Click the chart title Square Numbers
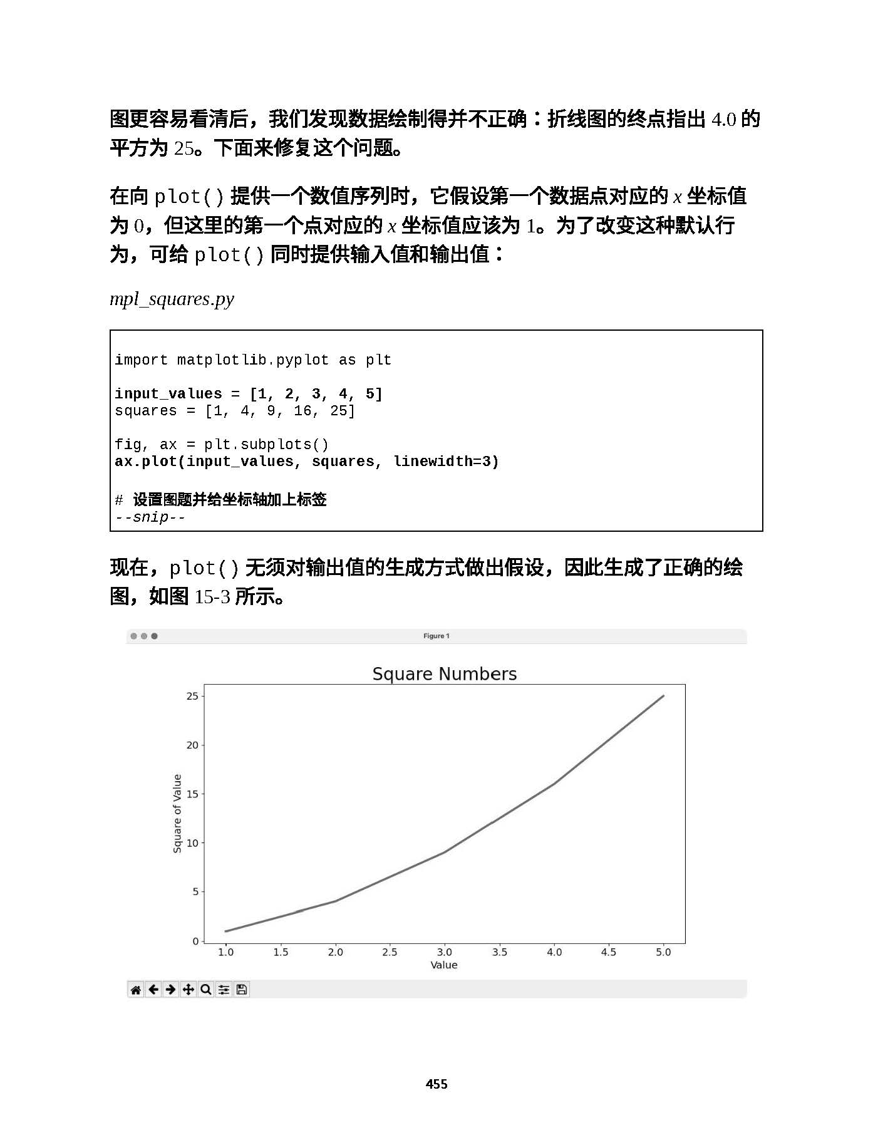[444, 674]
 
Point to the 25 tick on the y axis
[192, 696]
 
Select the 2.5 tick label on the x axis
[390, 952]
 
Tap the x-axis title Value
[443, 965]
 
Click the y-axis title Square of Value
[177, 813]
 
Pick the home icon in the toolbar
[136, 990]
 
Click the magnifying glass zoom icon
[205, 990]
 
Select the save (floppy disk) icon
[242, 990]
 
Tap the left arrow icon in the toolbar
[153, 990]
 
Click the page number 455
[436, 1084]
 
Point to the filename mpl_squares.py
[172, 299]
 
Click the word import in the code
[141, 360]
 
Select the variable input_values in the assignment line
[168, 394]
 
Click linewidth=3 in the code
[446, 462]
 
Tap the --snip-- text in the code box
[150, 517]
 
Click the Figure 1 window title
[436, 636]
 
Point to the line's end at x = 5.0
[663, 696]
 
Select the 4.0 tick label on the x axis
[554, 952]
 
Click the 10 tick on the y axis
[192, 843]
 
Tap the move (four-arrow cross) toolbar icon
[188, 990]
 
